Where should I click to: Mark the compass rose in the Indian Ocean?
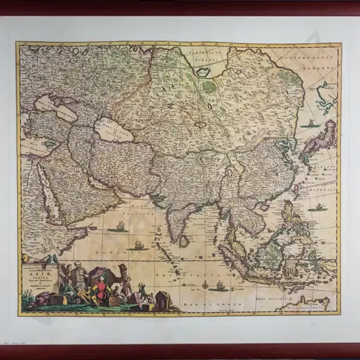pyautogui.click(x=206, y=285)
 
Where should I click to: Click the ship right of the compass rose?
pyautogui.click(x=221, y=285)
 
